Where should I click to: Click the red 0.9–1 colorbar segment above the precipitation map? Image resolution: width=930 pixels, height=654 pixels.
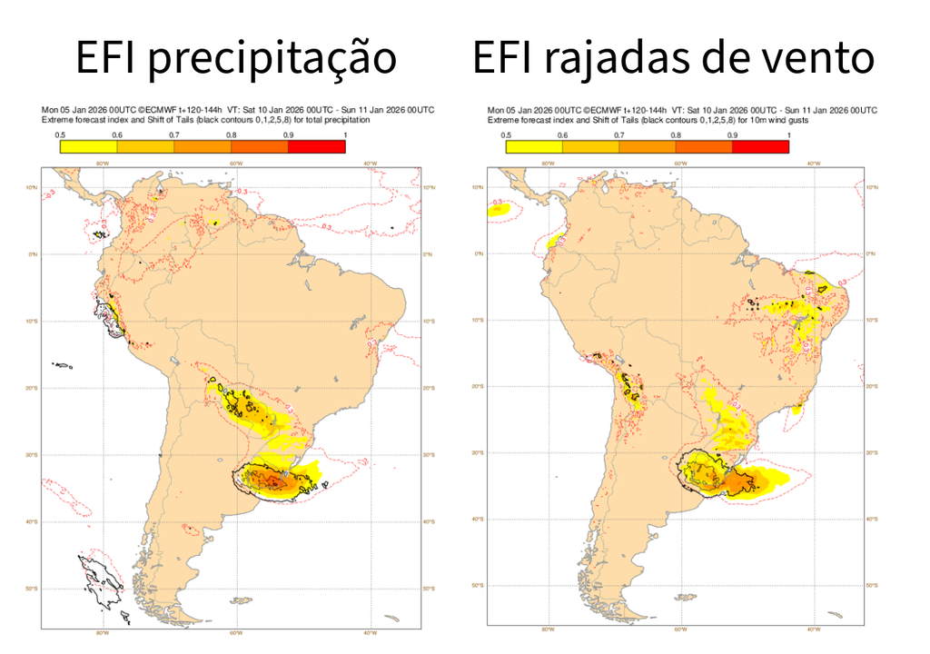pyautogui.click(x=317, y=147)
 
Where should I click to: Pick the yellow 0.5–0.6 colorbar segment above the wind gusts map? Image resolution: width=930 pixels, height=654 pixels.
pyautogui.click(x=532, y=147)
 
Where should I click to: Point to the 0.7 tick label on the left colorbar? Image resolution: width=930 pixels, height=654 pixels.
pyautogui.click(x=173, y=135)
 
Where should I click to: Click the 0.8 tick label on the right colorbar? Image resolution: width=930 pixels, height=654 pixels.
pyautogui.click(x=675, y=135)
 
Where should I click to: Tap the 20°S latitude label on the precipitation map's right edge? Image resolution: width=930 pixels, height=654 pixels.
pyautogui.click(x=427, y=388)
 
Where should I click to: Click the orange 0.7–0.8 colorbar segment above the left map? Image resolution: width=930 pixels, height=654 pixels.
pyautogui.click(x=203, y=147)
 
